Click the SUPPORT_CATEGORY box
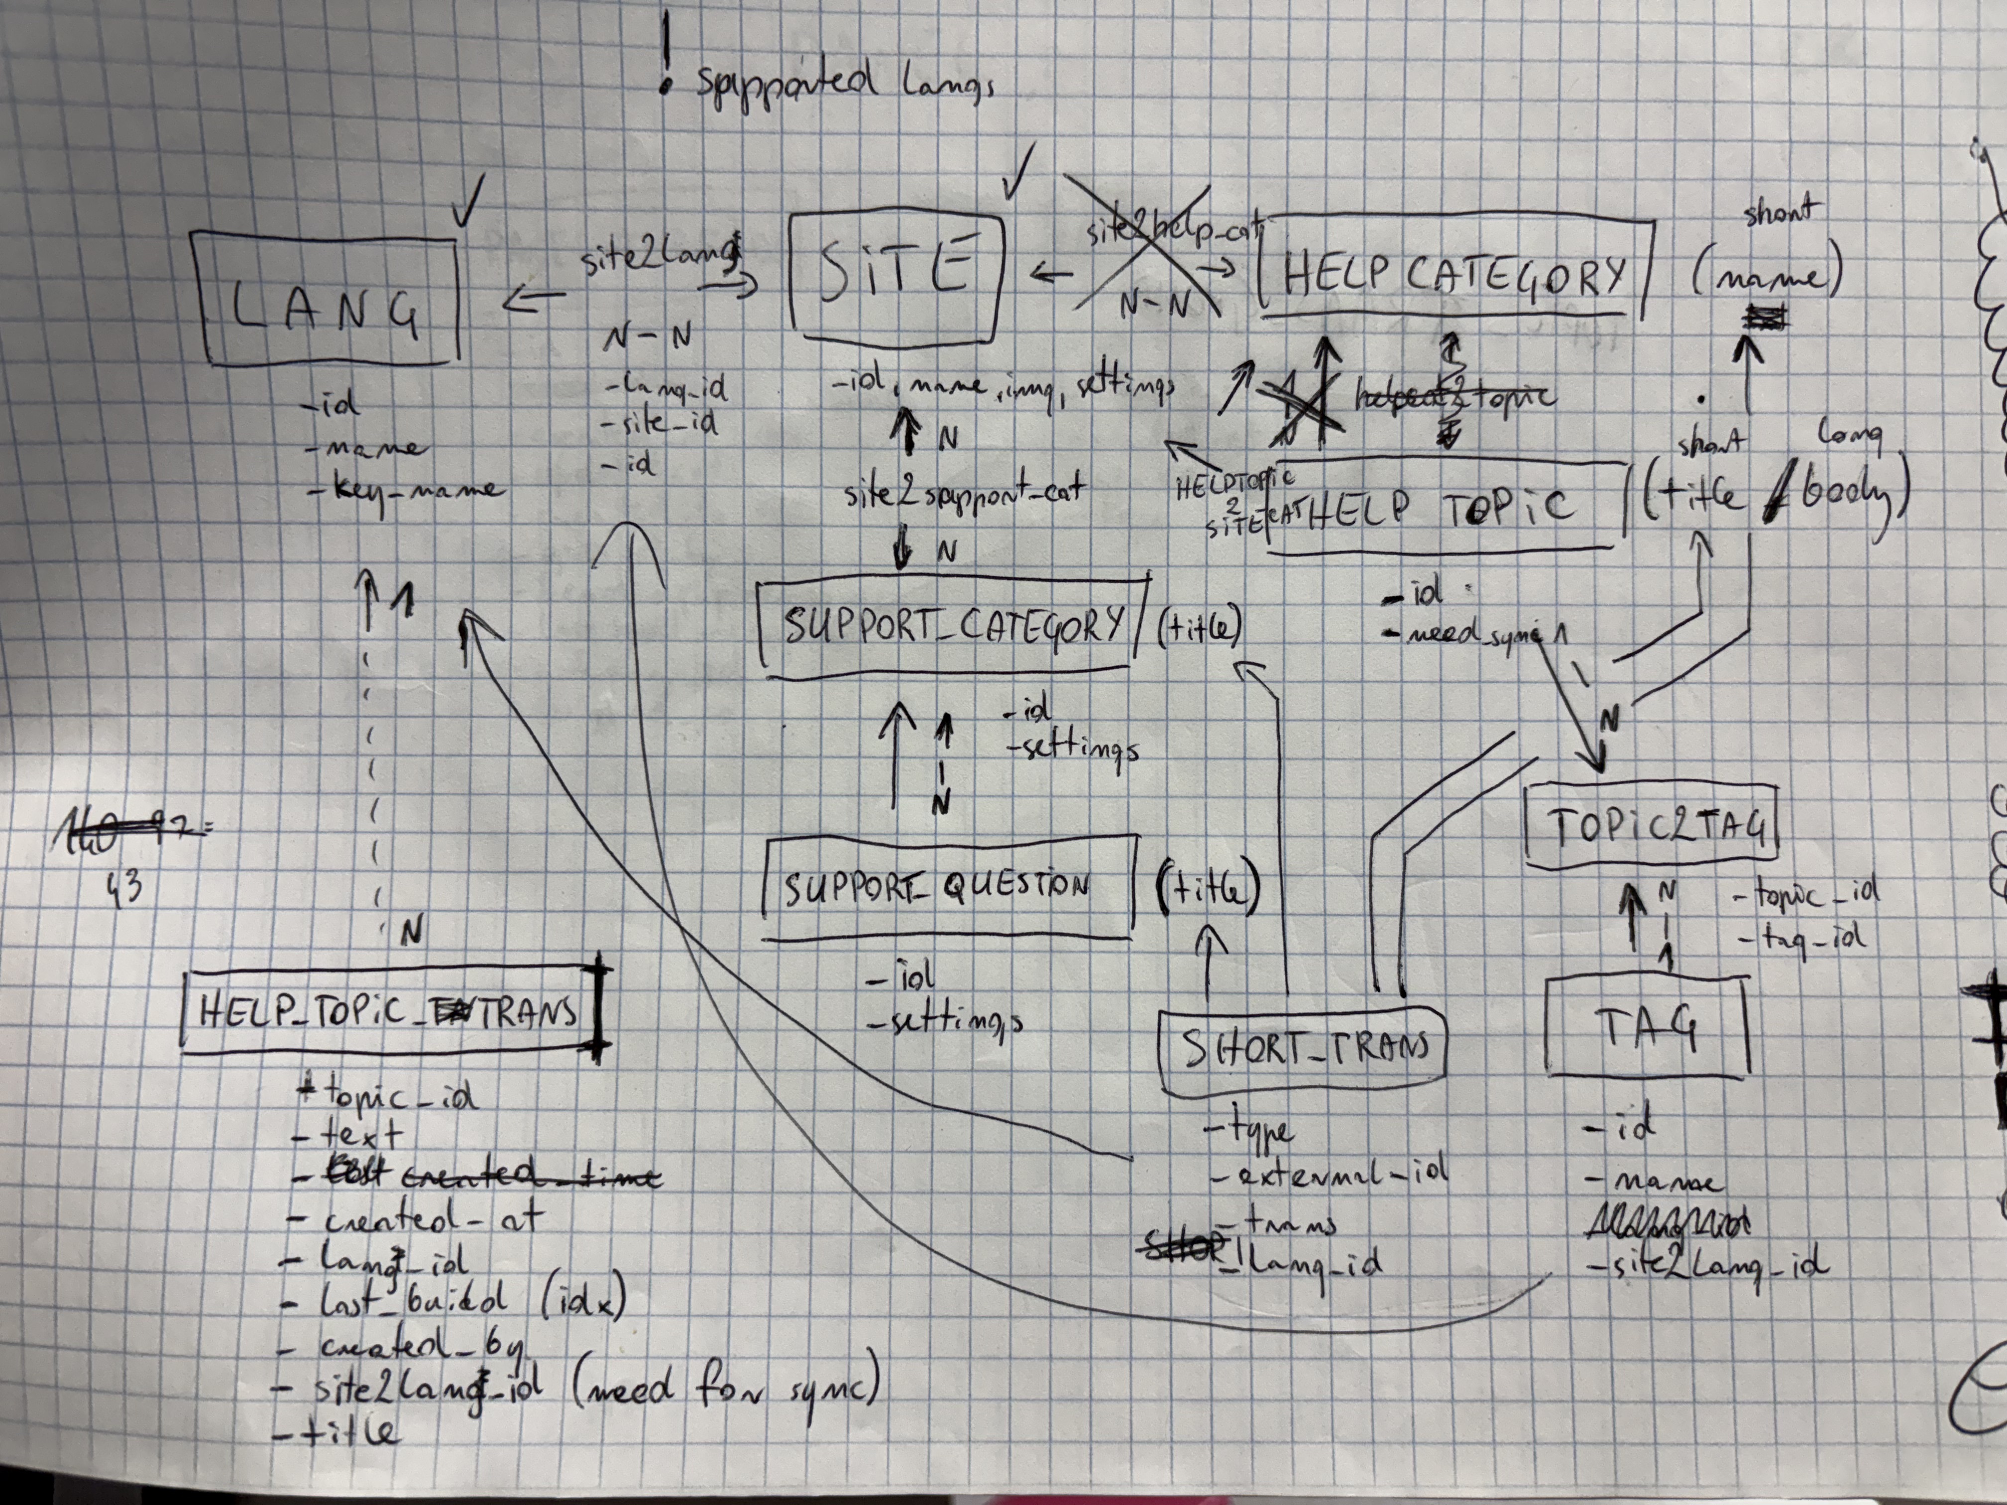coord(953,626)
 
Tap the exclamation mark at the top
coord(668,54)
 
